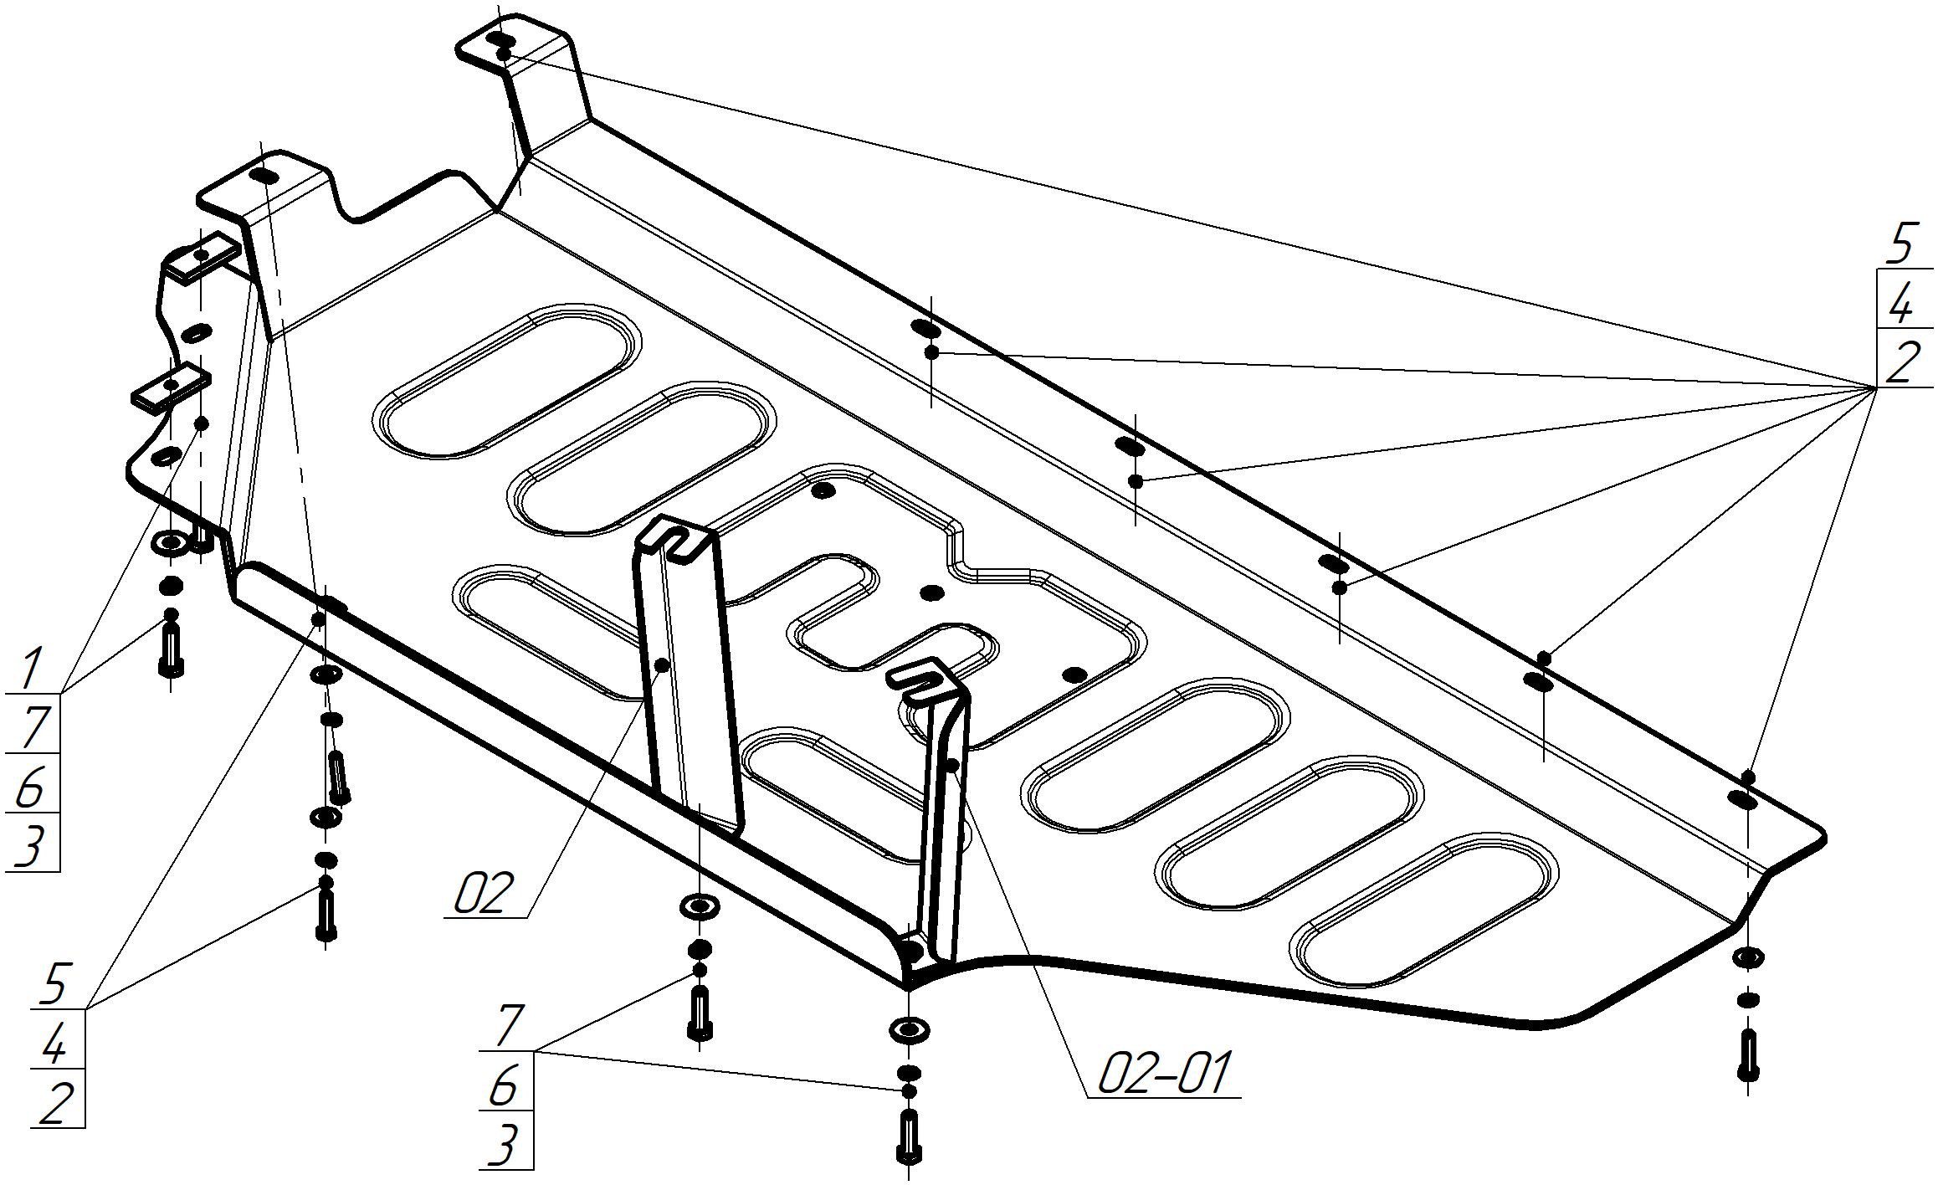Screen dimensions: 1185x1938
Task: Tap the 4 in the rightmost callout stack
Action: (x=1900, y=305)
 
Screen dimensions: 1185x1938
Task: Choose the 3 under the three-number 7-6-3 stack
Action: (x=502, y=1145)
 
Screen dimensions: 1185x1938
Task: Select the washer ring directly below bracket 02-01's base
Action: (x=909, y=1030)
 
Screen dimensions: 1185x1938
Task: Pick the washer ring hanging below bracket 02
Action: (x=700, y=905)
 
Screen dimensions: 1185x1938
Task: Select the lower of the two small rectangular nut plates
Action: (x=171, y=387)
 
